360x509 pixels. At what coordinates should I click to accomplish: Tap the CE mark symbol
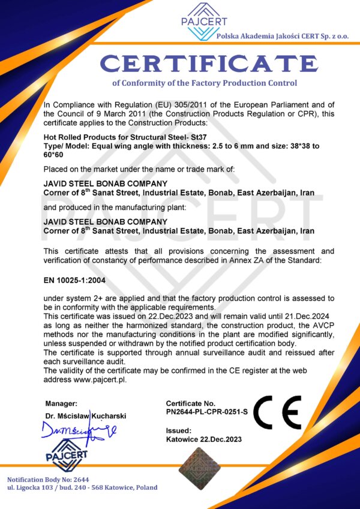277,412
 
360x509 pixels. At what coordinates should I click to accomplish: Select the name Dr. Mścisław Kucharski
85,415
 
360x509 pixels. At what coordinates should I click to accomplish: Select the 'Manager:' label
61,403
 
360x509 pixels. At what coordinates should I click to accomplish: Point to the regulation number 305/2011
166,105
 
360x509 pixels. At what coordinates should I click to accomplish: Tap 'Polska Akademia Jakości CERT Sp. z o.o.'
283,37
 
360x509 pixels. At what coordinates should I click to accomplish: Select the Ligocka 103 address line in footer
82,487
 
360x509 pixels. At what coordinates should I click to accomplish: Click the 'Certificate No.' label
190,404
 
